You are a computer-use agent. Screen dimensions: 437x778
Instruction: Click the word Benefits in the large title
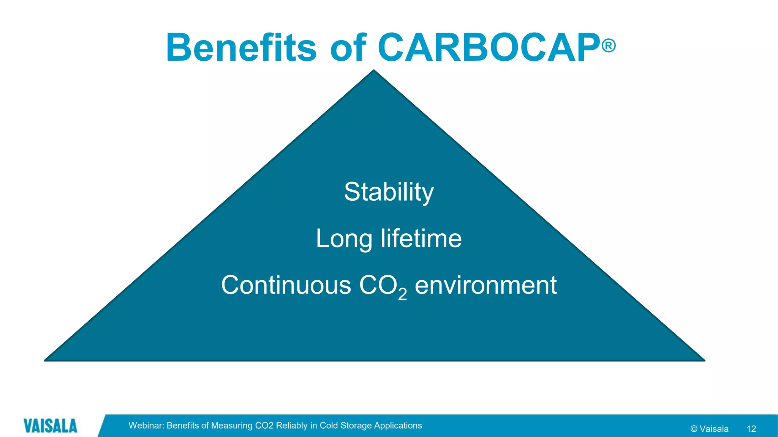tap(241, 48)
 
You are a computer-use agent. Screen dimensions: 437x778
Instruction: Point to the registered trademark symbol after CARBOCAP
tap(609, 46)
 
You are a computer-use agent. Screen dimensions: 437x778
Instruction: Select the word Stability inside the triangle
tap(389, 192)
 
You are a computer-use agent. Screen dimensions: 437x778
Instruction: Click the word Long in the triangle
tap(344, 239)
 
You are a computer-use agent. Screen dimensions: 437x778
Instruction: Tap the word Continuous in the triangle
tap(286, 285)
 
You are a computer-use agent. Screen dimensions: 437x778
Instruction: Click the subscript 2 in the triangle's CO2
tap(402, 294)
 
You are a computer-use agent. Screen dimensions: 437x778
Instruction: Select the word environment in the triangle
tap(485, 285)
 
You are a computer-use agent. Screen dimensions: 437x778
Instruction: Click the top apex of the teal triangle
tap(374, 71)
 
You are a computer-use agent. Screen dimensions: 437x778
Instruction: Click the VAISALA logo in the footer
tap(50, 426)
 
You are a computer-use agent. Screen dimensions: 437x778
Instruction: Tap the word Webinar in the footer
tap(146, 426)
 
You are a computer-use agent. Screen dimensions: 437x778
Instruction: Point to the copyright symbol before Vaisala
tap(694, 429)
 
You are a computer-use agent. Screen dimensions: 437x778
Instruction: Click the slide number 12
tap(751, 429)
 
